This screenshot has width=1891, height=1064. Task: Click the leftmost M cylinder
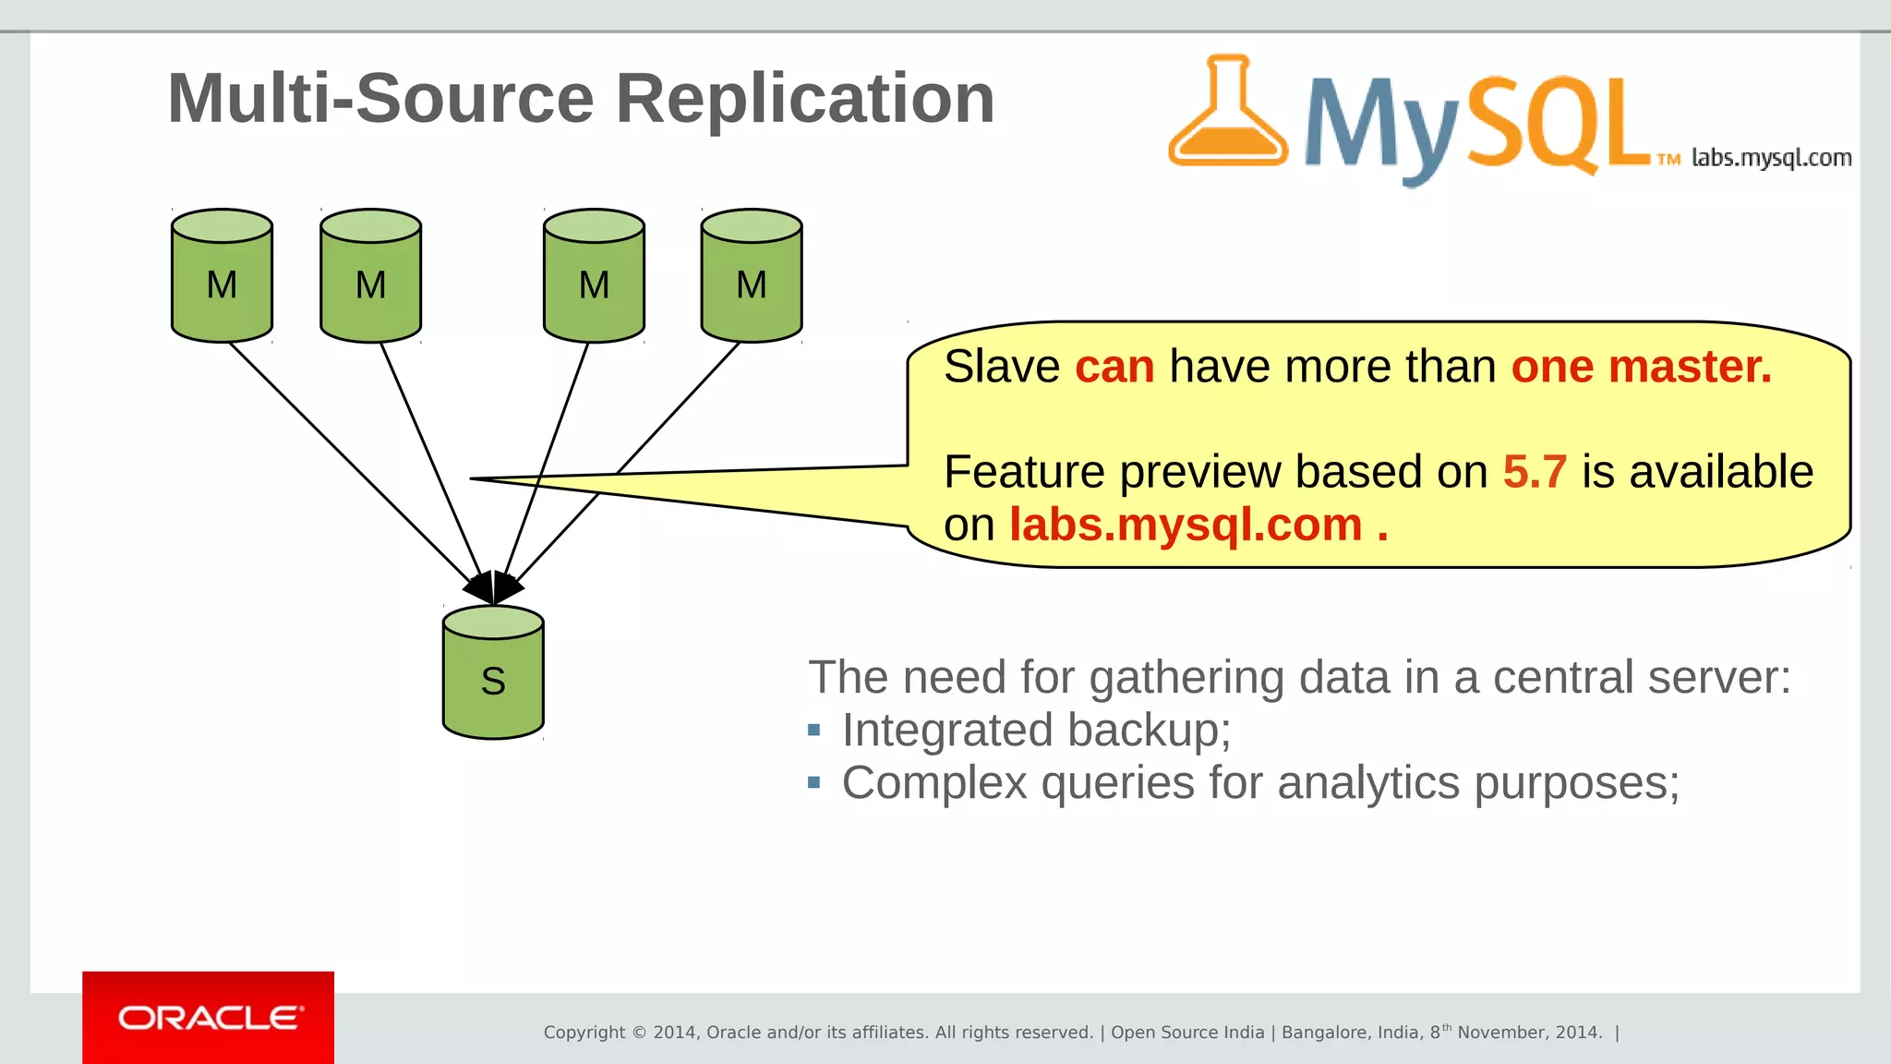pos(222,277)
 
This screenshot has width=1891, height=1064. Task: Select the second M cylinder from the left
pos(370,277)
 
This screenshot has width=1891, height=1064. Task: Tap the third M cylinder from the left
pos(594,277)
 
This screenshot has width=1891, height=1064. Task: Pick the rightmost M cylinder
pos(752,277)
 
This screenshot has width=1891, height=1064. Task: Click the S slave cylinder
pos(493,674)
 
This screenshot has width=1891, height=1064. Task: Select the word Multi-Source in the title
pos(380,98)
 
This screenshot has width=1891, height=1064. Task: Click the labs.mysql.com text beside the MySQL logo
pos(1771,158)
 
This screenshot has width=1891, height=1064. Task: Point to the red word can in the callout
pos(1114,367)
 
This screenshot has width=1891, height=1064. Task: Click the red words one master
pos(1641,367)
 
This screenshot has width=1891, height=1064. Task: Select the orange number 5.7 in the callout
pos(1534,472)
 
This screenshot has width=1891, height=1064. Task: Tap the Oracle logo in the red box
pos(209,1018)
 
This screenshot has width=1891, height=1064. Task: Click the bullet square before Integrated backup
pos(813,731)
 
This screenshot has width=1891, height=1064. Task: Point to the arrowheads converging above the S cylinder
pos(494,587)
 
